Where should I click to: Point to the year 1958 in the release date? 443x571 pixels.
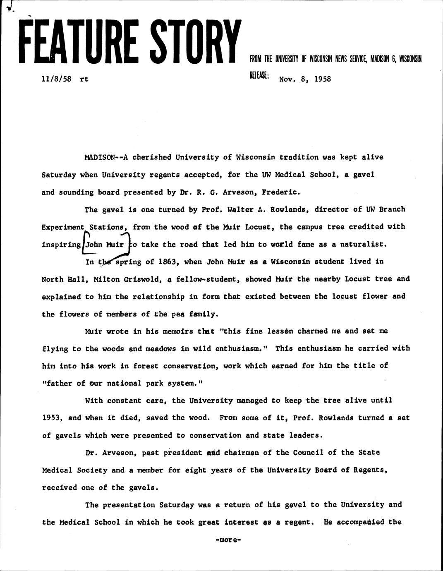point(323,79)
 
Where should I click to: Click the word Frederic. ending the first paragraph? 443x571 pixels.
point(276,192)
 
